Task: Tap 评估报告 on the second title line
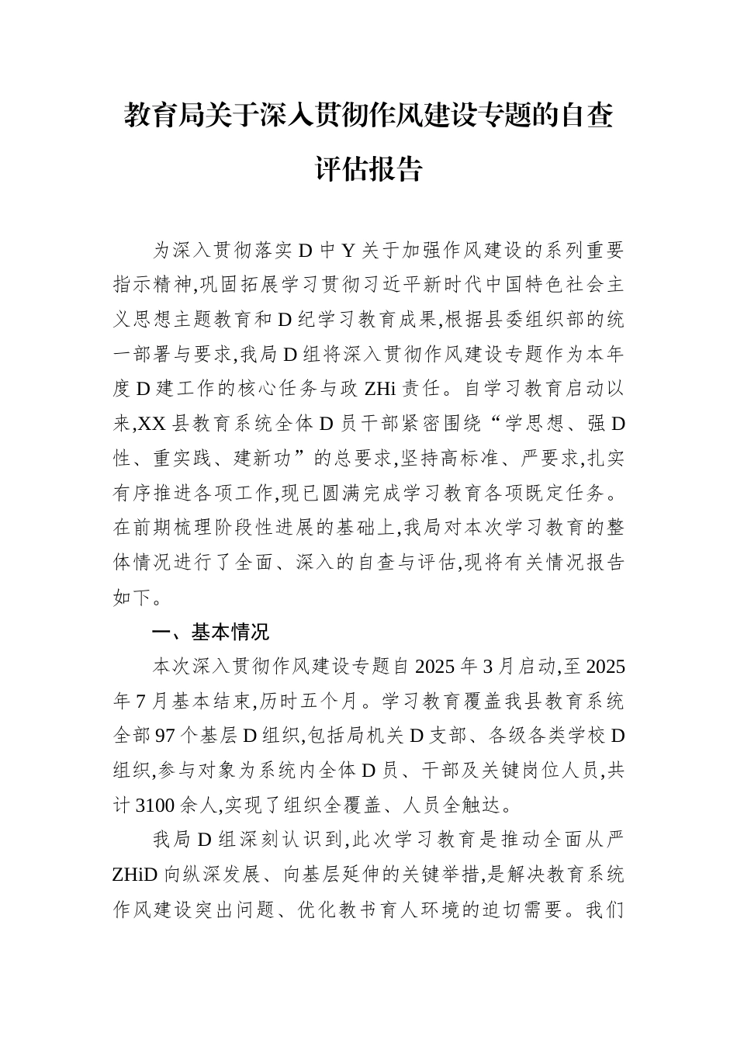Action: pyautogui.click(x=368, y=168)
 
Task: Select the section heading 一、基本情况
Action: pyautogui.click(x=211, y=632)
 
